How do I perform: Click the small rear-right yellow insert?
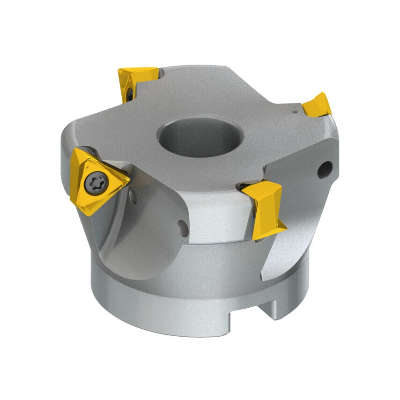click(x=318, y=104)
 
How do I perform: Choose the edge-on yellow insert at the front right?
click(x=265, y=206)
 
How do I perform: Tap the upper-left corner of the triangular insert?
click(x=75, y=151)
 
